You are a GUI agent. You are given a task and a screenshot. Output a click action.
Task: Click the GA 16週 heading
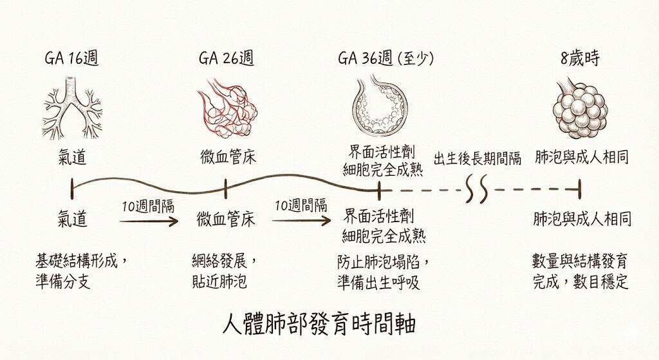coord(71,59)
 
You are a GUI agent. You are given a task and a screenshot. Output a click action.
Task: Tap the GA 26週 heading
coord(226,59)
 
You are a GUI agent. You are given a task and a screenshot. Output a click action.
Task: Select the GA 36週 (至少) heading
coord(385,59)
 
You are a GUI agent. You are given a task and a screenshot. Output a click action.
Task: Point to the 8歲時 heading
coord(580,59)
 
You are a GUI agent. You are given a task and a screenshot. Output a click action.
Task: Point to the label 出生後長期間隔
coord(478,158)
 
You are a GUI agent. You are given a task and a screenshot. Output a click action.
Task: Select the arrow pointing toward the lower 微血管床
coord(149,221)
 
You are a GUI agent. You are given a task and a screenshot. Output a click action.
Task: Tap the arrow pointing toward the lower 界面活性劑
coord(301,221)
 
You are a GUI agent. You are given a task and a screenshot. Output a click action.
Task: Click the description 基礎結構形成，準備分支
coord(81,272)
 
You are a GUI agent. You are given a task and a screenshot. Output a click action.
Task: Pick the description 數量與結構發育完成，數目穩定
coord(580,272)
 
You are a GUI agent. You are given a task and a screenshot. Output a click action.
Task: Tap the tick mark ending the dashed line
coord(580,189)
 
